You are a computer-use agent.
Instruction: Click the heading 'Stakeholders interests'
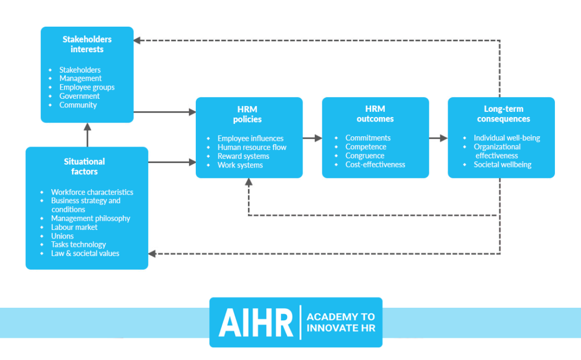coord(87,44)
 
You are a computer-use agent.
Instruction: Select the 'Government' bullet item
coord(79,96)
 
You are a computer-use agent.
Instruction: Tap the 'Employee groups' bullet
coord(87,87)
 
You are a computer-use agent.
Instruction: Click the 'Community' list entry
coord(78,105)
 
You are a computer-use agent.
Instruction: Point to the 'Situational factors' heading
coord(85,166)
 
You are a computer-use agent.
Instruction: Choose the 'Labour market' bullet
coord(74,227)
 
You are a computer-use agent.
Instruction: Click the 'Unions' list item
coord(62,236)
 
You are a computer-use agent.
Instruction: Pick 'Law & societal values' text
coord(85,253)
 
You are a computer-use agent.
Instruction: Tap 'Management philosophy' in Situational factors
coord(91,218)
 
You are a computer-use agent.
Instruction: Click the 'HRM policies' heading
coord(247,114)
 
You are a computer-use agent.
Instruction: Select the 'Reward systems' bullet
coord(243,156)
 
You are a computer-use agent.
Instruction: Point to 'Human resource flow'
coord(252,147)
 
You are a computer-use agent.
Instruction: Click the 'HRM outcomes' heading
coord(375,114)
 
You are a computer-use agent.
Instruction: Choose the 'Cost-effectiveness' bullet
coord(376,165)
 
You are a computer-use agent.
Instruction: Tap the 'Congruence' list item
coord(365,156)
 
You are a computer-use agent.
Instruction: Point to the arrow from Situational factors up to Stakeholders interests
coord(87,135)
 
